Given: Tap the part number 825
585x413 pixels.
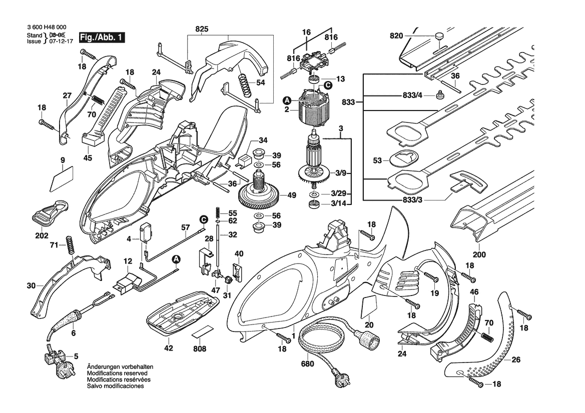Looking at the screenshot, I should coord(202,28).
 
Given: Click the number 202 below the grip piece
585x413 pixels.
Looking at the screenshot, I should coord(41,235).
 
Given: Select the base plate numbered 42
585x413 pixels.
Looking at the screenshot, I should coord(182,313).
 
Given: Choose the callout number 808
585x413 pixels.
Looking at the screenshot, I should coord(200,348).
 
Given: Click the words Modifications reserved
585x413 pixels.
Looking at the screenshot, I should coord(117,373).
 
